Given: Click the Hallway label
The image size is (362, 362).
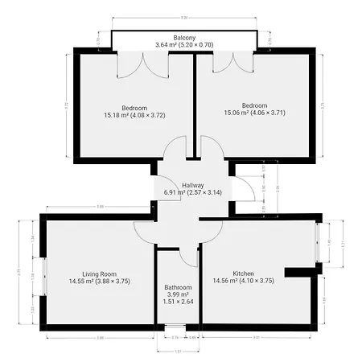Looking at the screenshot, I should (x=193, y=184).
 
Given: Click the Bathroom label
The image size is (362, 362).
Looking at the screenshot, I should (x=178, y=287).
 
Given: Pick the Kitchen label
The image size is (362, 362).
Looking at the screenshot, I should (x=243, y=274).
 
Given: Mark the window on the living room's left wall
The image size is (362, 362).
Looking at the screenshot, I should (x=44, y=278).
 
